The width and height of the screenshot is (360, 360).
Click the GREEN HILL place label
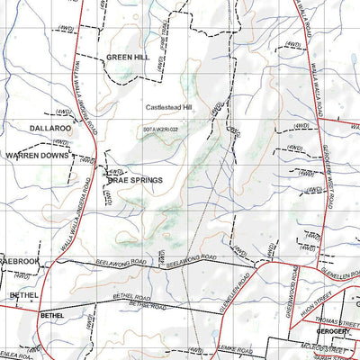click(x=127, y=57)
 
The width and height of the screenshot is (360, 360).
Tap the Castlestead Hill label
click(x=170, y=107)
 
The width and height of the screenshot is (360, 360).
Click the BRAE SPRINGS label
click(x=135, y=180)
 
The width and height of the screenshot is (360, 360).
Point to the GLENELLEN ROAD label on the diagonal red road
click(x=236, y=288)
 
